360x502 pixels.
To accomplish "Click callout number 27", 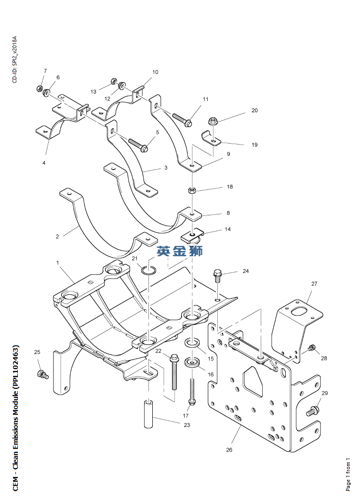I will coord(314,284).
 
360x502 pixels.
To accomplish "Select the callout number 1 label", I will coord(57,263).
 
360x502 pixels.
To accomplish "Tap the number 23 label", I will coord(187,425).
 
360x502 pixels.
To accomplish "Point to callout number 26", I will coord(229,449).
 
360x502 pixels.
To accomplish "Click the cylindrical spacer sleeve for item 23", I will coord(148,413).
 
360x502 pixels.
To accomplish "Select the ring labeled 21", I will coord(148,269).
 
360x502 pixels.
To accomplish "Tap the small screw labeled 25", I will coord(41,373).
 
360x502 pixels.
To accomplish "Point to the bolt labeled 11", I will coord(182,119).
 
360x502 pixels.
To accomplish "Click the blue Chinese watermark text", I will coord(179,251).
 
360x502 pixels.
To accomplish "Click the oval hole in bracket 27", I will coord(300,310).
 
